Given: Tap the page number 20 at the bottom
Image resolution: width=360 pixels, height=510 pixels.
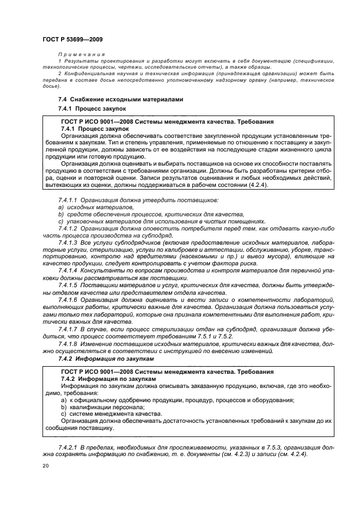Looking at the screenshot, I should (x=46, y=466).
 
